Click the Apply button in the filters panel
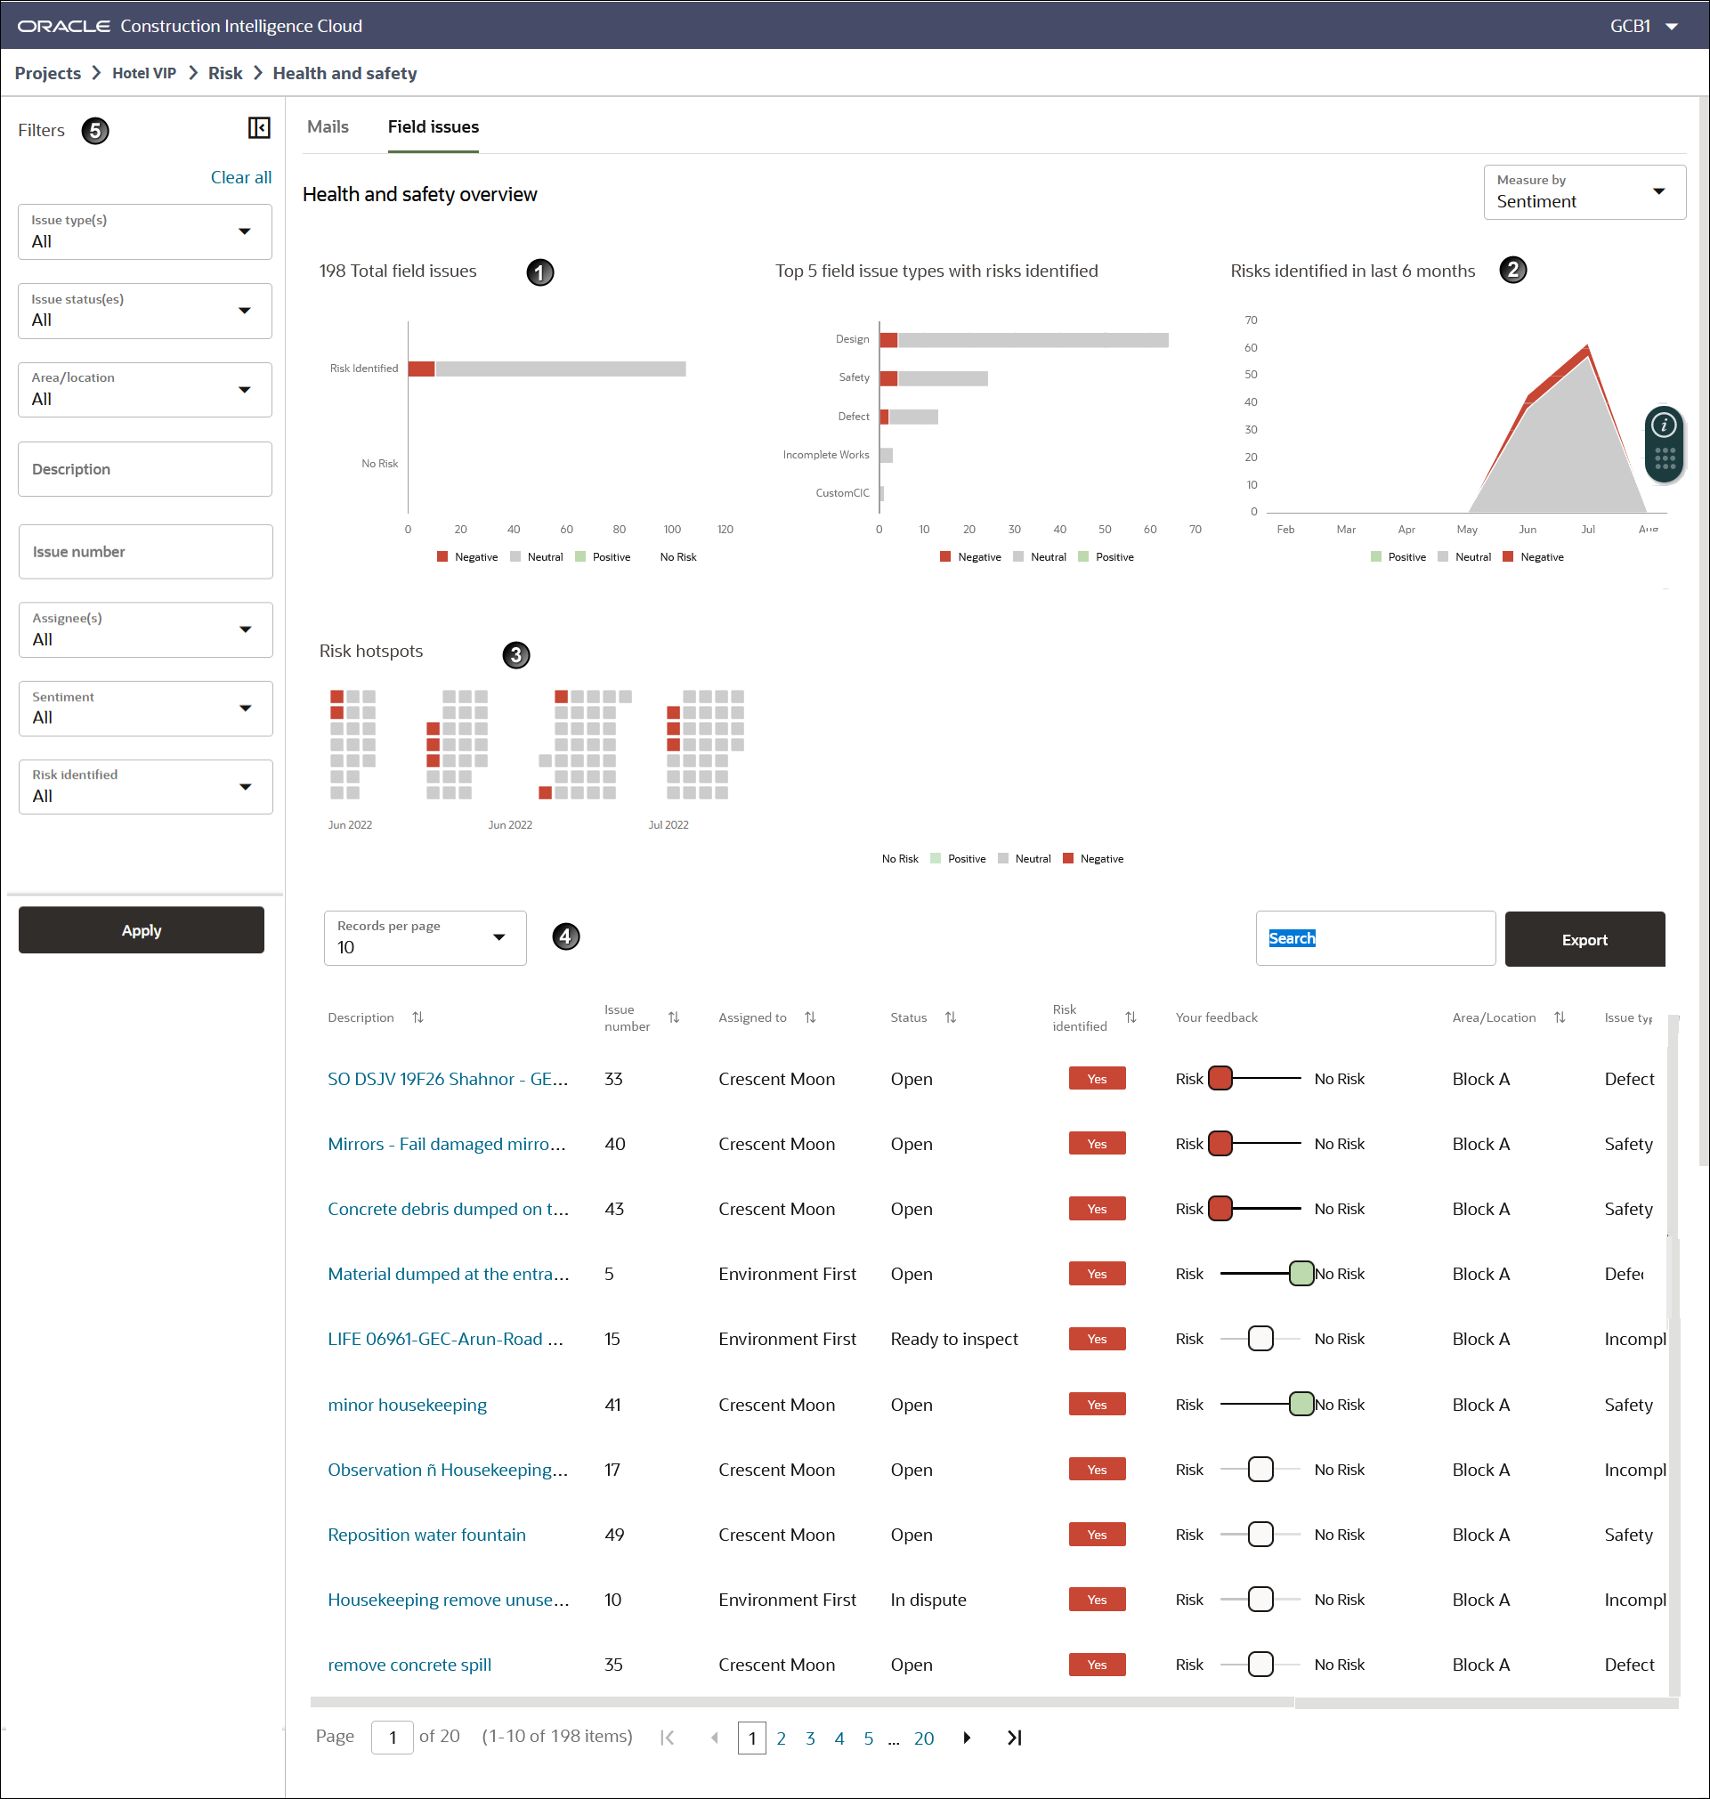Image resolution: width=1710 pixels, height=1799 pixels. pos(142,929)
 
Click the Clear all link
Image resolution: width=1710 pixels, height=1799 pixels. pos(240,177)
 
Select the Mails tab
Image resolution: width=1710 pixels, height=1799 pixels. pos(328,126)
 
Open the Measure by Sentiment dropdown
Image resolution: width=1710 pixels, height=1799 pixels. pos(1584,191)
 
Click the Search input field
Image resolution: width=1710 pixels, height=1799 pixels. pos(1374,938)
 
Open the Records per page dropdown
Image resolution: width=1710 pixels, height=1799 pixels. pos(424,938)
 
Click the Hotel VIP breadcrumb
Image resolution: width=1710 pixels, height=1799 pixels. pos(144,73)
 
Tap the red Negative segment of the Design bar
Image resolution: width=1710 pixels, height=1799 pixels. pos(887,340)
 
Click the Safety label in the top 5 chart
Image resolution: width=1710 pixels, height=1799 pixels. pos(854,377)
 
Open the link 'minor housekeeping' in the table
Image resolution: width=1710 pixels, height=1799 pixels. pos(407,1405)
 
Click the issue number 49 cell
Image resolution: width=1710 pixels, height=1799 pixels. pos(614,1535)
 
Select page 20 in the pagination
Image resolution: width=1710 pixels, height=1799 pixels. pos(923,1738)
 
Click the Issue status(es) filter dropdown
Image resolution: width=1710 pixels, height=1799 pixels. pos(145,311)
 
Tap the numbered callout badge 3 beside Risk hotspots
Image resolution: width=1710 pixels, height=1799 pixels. pos(516,654)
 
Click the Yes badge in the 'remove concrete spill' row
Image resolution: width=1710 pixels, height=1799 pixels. pos(1097,1665)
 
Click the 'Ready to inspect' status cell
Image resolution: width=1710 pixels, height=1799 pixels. pos(953,1339)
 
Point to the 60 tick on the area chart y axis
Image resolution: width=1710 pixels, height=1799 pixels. pos(1251,347)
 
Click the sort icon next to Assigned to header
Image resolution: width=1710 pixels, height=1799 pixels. pos(809,1017)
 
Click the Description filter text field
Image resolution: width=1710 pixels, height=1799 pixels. pos(145,469)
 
